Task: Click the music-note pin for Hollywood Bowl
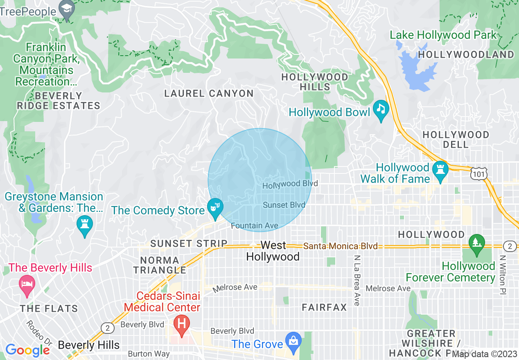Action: tap(381, 109)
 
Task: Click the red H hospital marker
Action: tap(182, 324)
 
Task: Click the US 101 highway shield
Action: tap(478, 173)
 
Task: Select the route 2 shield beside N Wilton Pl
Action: tap(510, 246)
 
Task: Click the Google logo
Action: tap(28, 350)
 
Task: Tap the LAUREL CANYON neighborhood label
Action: tap(209, 94)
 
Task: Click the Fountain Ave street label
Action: tap(254, 226)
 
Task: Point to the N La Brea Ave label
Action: tap(357, 281)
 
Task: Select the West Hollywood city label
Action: tap(273, 251)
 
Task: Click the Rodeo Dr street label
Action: tap(39, 332)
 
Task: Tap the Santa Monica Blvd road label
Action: tap(340, 246)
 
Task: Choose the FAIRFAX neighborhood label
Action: tap(324, 307)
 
